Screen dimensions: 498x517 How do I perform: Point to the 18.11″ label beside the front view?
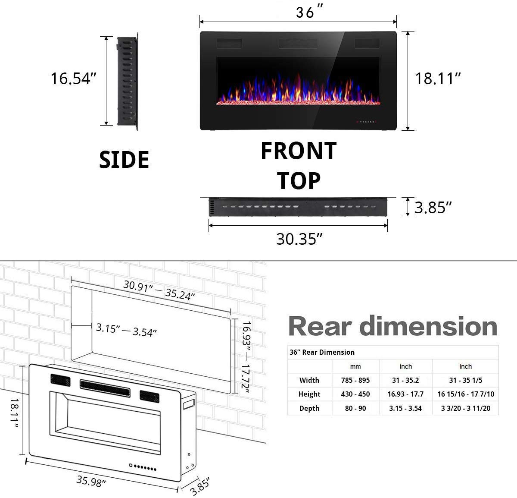tap(438, 79)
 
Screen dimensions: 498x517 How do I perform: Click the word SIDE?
tap(124, 159)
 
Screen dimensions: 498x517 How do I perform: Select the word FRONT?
tap(299, 151)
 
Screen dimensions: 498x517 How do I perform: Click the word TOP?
tap(299, 180)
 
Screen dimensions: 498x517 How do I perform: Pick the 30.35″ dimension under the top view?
tap(299, 239)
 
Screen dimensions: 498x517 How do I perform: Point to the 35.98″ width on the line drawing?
tap(91, 480)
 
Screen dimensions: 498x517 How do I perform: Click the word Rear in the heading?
tap(321, 326)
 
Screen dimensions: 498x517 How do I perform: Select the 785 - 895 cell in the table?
tap(355, 380)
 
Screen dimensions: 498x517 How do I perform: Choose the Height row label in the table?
tap(309, 394)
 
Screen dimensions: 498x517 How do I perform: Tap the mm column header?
tap(355, 366)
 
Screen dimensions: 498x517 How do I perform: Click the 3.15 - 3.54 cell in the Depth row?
tap(405, 408)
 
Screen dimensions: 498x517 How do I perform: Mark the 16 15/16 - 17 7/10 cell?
tap(466, 394)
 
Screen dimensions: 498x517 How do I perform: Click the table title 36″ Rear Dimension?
tap(322, 352)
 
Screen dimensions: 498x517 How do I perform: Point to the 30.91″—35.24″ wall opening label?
tap(159, 290)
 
